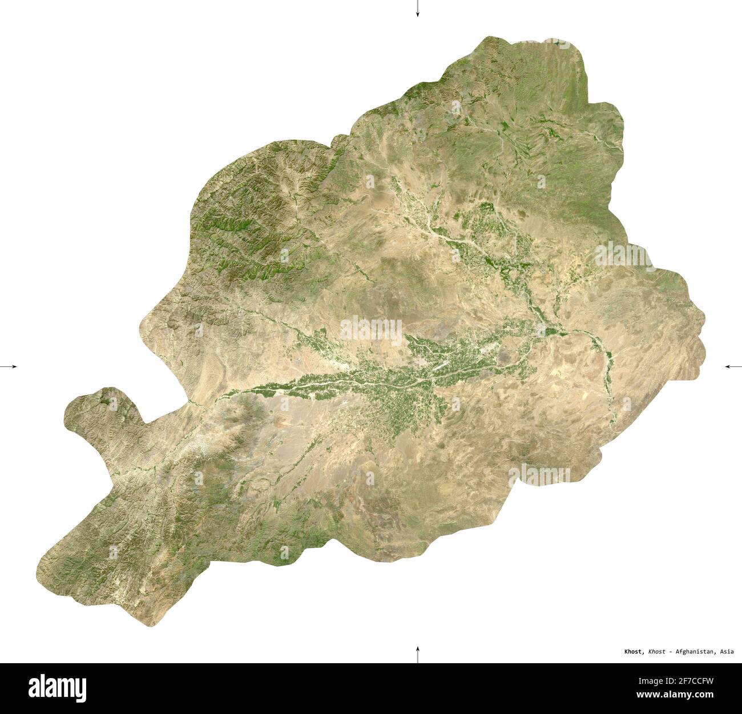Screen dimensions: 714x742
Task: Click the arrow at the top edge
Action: [417, 9]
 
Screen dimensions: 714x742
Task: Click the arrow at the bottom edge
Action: [417, 654]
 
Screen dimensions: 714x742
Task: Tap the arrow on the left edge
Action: [9, 366]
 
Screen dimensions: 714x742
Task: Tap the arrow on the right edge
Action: [733, 366]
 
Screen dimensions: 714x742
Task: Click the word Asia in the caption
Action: [727, 651]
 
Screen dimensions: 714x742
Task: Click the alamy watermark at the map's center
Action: [371, 330]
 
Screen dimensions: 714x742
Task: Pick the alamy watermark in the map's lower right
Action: [539, 474]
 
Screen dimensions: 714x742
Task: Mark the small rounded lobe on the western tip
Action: [97, 408]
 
